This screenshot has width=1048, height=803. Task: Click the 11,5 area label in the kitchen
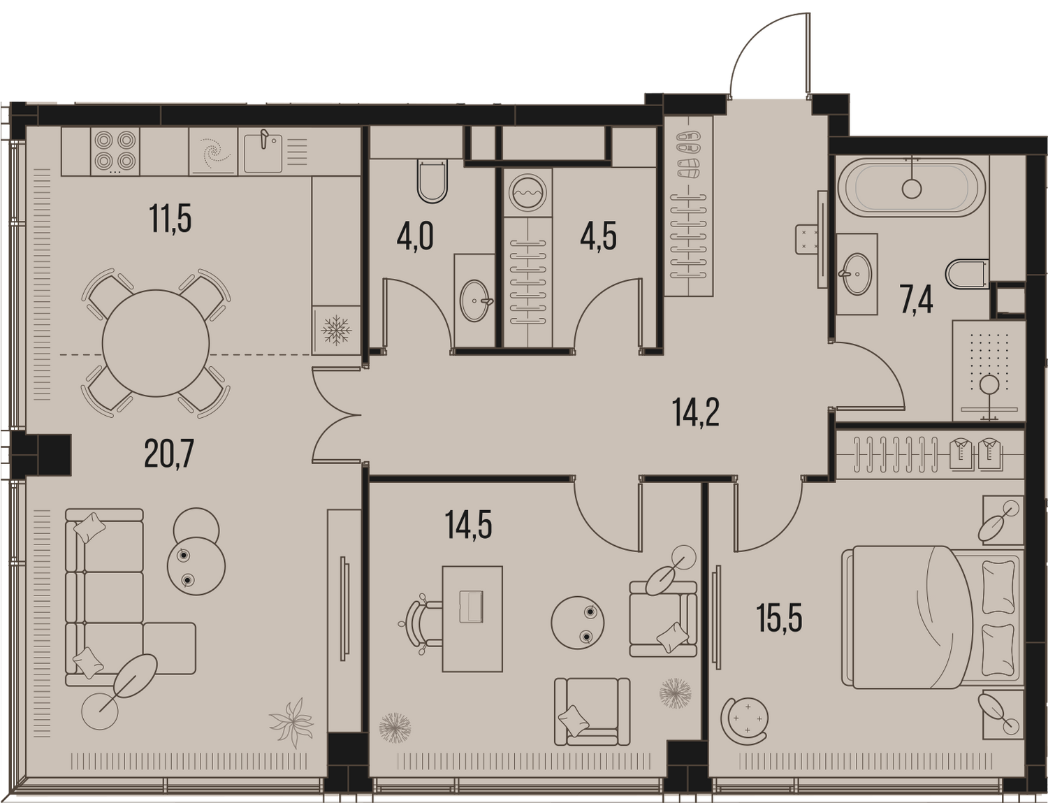tap(170, 219)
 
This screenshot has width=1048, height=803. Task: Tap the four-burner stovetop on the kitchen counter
tap(115, 151)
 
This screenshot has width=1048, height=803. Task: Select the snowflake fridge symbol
tap(336, 330)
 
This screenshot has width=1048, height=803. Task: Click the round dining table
tap(156, 343)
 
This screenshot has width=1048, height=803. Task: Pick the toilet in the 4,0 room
tap(432, 182)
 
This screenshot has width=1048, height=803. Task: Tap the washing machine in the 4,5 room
tap(528, 192)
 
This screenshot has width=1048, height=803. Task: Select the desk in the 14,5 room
tap(472, 618)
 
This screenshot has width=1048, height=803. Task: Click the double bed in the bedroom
tap(931, 617)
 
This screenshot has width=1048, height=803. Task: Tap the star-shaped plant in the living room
tap(291, 723)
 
